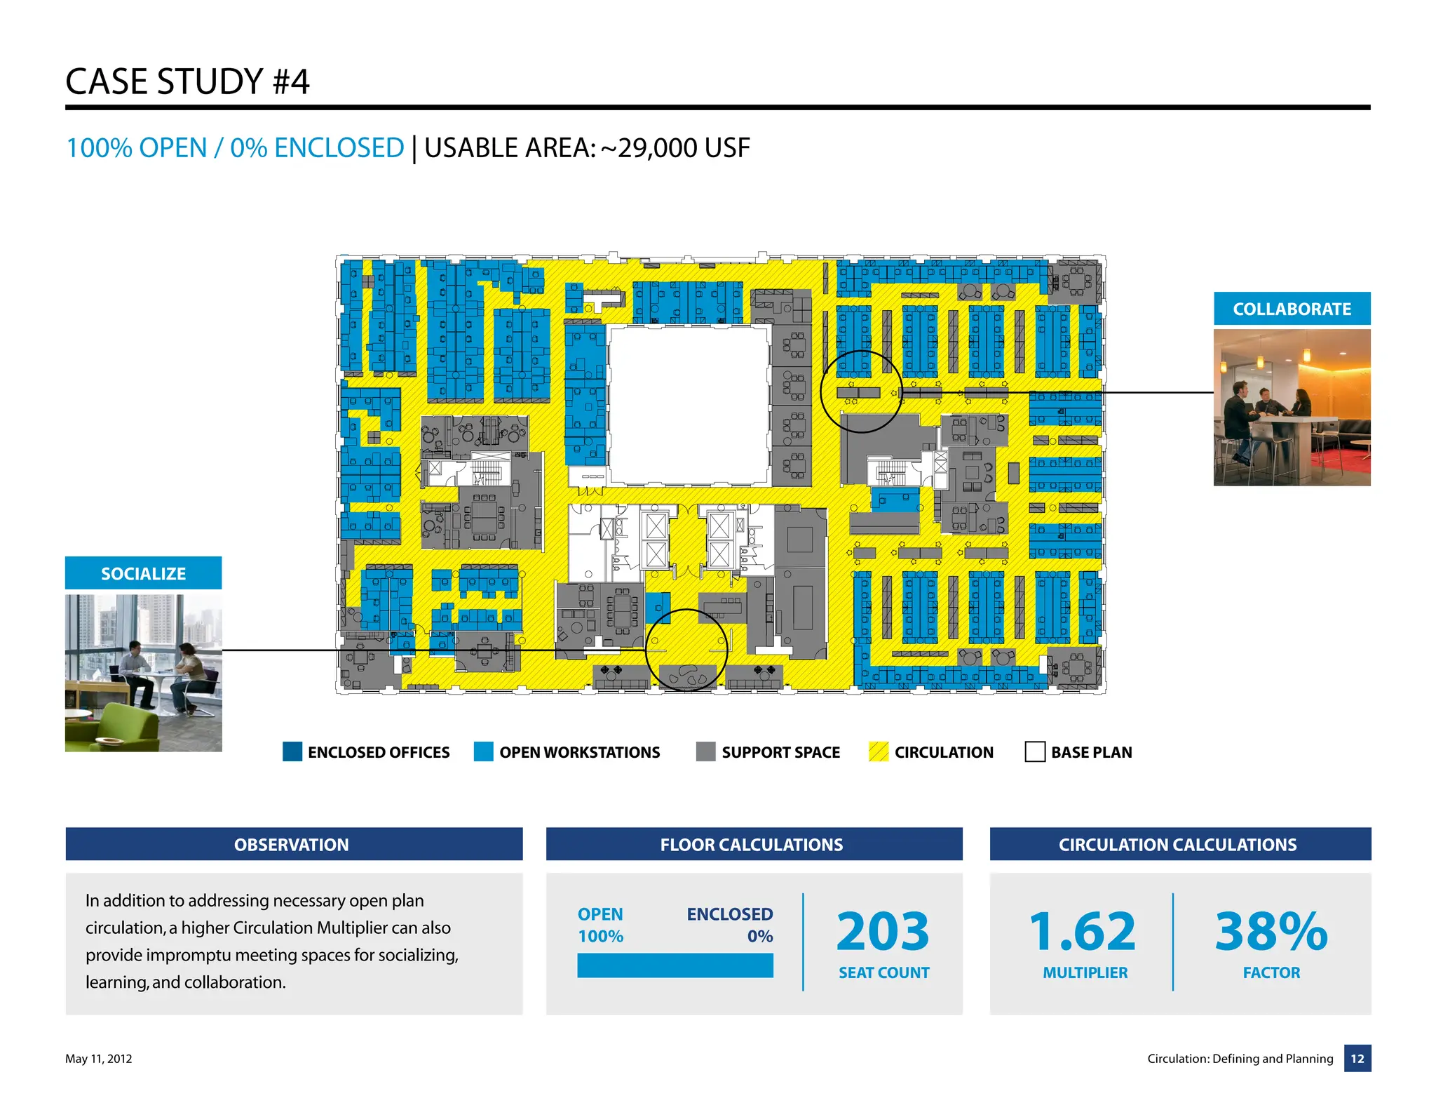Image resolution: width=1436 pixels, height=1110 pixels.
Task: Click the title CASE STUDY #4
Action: [x=187, y=81]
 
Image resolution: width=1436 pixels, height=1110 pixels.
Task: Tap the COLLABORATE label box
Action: [x=1292, y=309]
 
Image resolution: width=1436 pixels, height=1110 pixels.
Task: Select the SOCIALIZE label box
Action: [x=143, y=573]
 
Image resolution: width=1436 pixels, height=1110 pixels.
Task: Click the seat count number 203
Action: [x=883, y=931]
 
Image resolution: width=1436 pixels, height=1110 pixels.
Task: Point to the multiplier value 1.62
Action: [x=1083, y=931]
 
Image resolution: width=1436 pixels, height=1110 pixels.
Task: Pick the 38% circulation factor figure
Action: [x=1271, y=931]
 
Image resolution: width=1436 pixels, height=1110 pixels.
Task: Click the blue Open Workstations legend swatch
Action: [x=483, y=751]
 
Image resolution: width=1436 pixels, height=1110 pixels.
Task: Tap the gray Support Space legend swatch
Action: [x=705, y=751]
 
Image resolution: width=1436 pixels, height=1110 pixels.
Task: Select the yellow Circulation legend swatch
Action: [x=878, y=751]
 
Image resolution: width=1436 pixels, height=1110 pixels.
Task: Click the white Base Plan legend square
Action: [x=1035, y=751]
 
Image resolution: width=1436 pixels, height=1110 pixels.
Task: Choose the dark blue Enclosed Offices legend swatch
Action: [x=292, y=751]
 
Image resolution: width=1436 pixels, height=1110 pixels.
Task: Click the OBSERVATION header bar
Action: [x=294, y=844]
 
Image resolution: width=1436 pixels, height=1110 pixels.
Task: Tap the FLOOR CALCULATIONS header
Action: [x=754, y=844]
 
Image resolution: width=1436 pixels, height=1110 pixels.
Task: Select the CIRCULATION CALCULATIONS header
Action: [x=1179, y=844]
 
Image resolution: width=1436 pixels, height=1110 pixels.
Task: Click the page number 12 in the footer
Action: [x=1357, y=1058]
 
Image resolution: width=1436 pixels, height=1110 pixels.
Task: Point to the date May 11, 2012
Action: [x=99, y=1059]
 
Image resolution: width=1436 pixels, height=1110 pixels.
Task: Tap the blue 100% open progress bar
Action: [x=675, y=965]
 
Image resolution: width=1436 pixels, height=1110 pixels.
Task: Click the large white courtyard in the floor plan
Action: [x=689, y=405]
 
